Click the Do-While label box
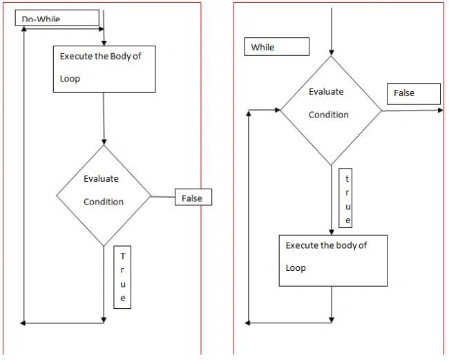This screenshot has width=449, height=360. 57,18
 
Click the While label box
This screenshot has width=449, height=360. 276,46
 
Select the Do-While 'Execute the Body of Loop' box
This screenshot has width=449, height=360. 104,69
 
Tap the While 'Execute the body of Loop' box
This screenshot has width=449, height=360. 333,260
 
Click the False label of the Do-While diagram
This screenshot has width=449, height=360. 193,197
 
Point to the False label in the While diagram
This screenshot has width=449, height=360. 414,94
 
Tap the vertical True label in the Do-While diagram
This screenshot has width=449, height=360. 122,277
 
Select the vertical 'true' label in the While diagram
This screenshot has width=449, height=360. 345,198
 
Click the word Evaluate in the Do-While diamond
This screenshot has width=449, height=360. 101,179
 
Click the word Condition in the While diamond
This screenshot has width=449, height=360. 329,115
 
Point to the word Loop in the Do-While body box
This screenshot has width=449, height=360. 70,79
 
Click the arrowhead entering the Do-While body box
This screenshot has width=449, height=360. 104,44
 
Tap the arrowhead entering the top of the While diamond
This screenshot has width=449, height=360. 332,53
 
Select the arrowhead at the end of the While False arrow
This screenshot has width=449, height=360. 441,111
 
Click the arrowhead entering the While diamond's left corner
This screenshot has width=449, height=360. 278,110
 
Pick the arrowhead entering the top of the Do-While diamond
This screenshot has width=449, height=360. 104,142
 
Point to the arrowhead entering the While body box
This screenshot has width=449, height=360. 332,232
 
